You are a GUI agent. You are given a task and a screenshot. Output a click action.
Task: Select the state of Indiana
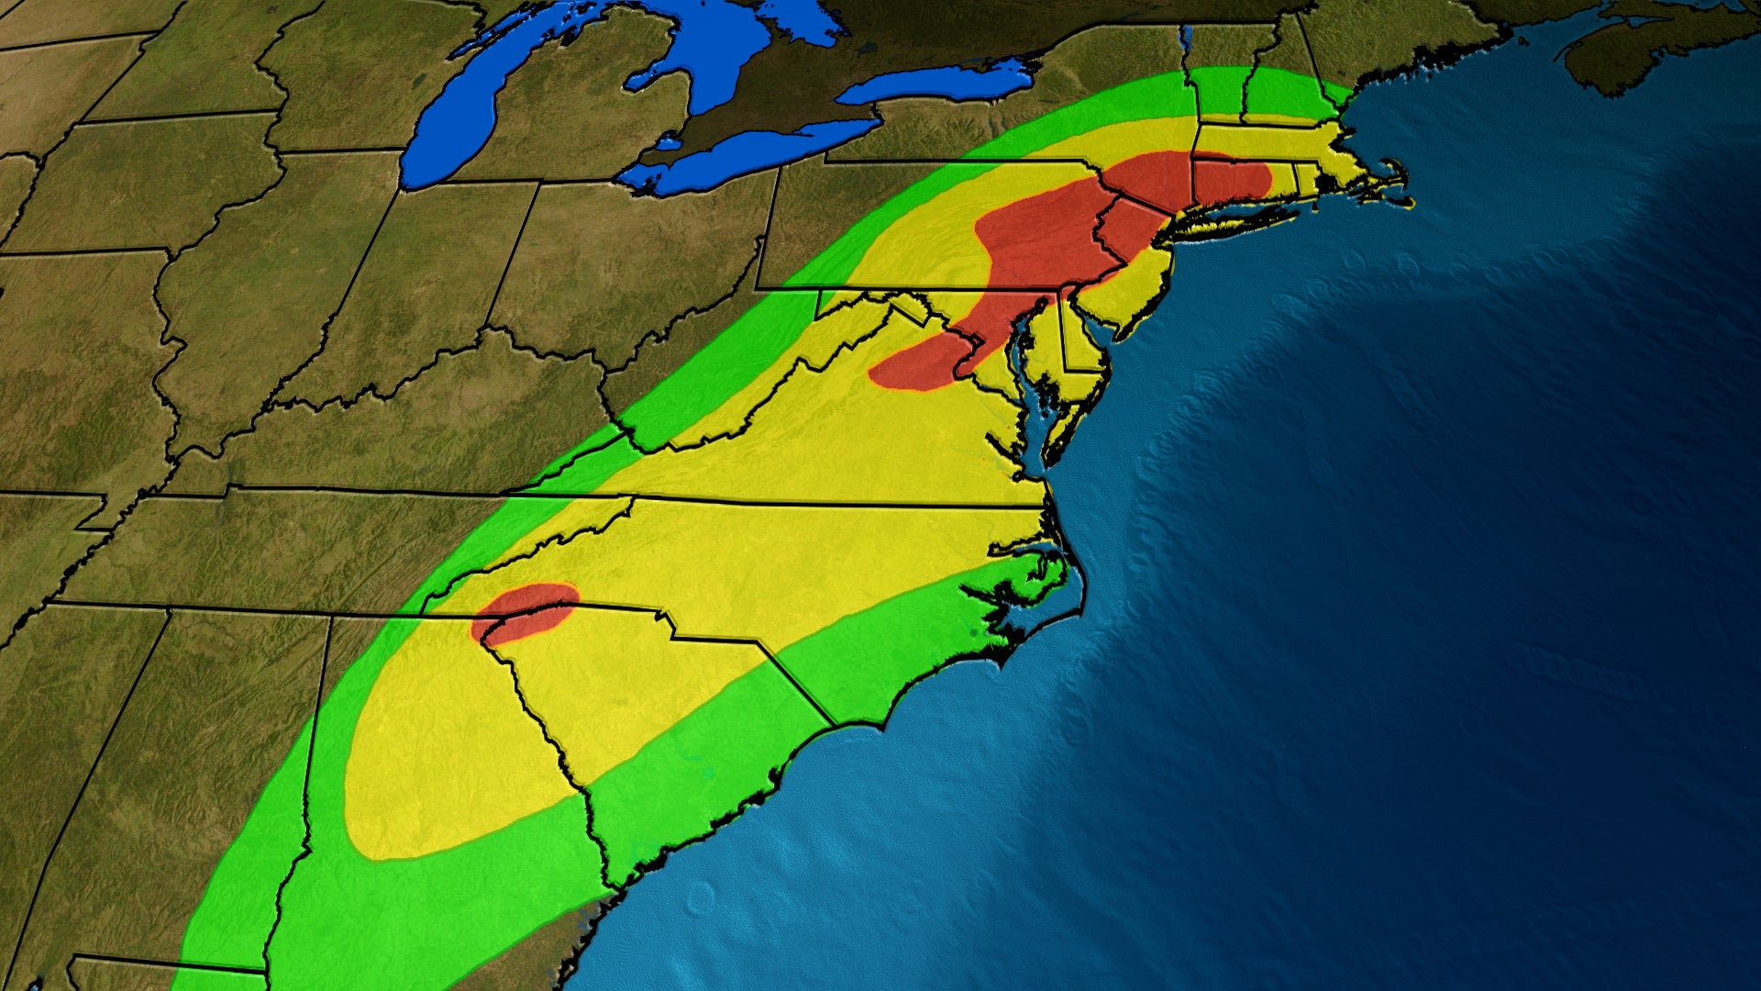point(431,294)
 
